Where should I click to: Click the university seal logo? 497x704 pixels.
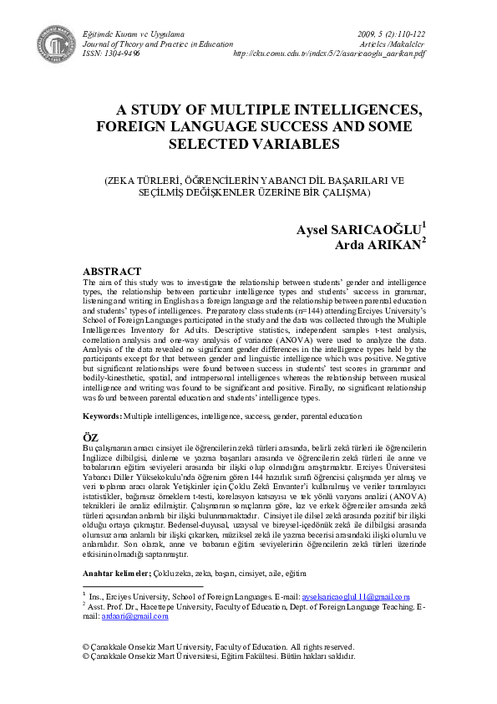point(55,41)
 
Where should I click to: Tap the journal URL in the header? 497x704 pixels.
point(329,52)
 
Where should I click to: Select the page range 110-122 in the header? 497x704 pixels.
point(407,31)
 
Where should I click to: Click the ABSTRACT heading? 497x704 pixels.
point(111,272)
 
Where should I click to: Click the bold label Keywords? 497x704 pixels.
point(101,416)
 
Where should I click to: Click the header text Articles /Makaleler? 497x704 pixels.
point(392,42)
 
